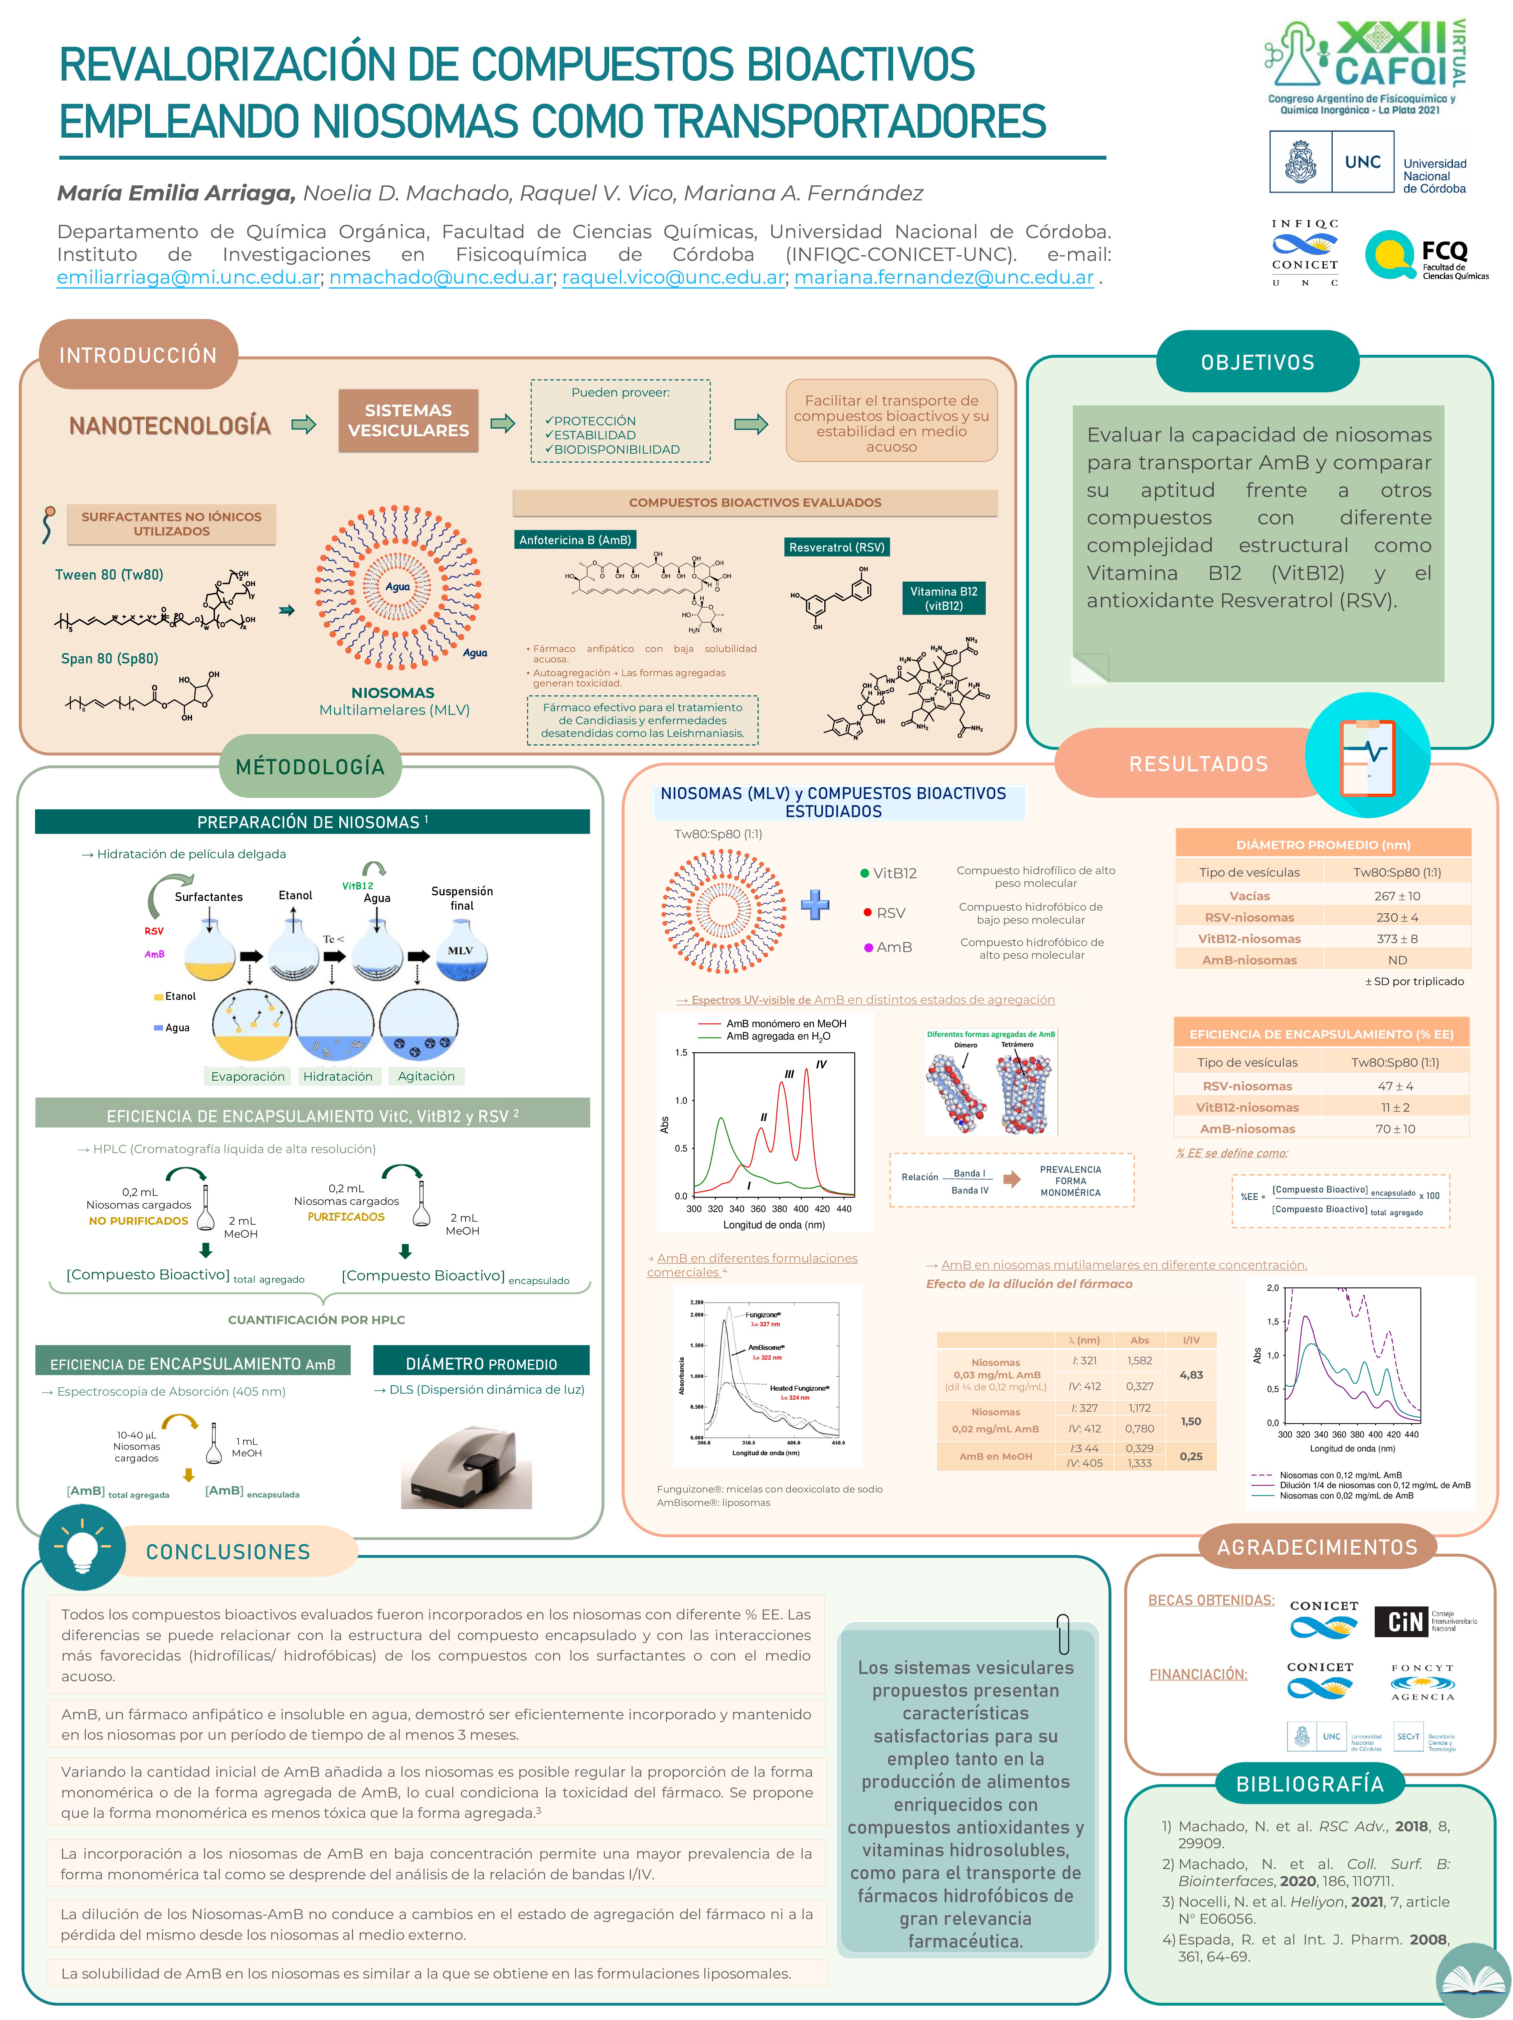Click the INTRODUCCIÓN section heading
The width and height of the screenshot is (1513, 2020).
point(138,355)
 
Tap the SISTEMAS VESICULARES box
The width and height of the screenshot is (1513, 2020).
point(408,421)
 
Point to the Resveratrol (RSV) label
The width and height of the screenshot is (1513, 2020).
point(836,547)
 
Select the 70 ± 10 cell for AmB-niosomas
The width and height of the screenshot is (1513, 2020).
point(1395,1129)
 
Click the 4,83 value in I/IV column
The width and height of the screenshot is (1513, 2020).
point(1191,1374)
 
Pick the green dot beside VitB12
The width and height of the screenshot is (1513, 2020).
point(864,873)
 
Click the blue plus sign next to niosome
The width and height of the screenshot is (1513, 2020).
point(815,904)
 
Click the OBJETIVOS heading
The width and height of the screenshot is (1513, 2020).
point(1257,362)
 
